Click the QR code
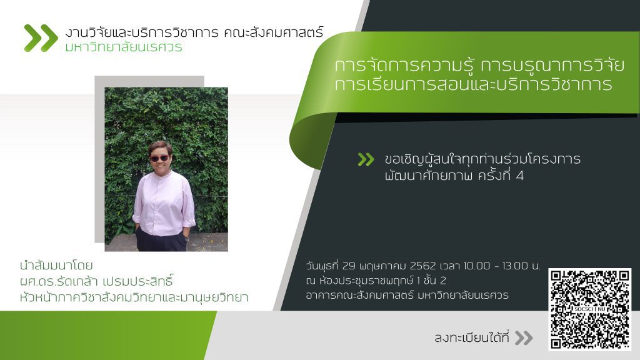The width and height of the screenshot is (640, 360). (589, 309)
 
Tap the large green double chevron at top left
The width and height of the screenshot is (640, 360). (41, 38)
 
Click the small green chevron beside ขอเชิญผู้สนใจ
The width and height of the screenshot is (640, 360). (366, 159)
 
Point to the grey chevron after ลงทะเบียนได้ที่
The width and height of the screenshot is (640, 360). (524, 338)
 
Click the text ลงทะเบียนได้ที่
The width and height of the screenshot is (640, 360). (472, 337)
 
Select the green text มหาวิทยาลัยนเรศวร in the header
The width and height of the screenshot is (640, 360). (124, 47)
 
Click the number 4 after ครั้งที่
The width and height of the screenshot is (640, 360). (519, 176)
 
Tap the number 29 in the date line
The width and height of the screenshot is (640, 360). (349, 266)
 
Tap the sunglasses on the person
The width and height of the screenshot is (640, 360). (159, 158)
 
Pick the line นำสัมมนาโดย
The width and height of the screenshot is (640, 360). (56, 266)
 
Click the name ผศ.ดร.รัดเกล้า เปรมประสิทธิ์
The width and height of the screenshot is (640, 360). (97, 281)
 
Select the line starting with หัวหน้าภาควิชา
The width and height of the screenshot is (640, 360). (134, 297)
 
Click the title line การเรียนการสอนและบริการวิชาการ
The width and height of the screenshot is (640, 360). (474, 84)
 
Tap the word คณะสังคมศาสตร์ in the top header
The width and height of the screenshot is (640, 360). (274, 32)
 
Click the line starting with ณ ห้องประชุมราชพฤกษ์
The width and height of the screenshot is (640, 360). (376, 281)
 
